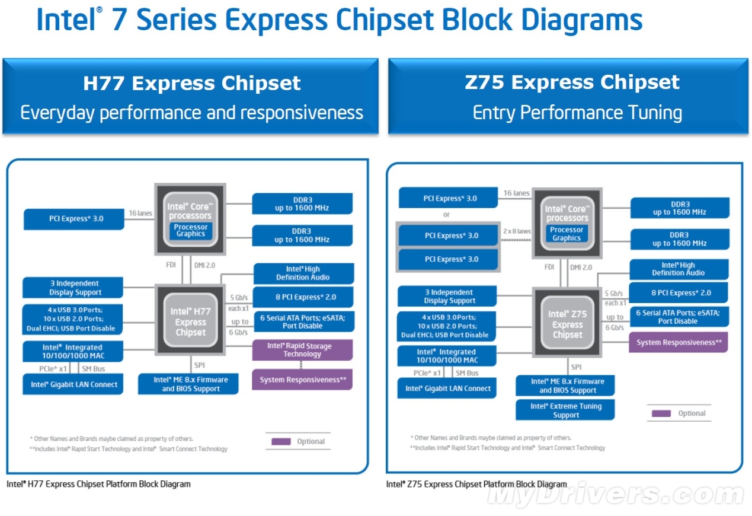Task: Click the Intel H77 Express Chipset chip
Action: (x=190, y=320)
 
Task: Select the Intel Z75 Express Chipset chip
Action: (x=567, y=323)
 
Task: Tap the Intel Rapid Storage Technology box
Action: (x=302, y=350)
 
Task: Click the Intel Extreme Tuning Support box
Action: (x=565, y=410)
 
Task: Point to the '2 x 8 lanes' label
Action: (x=517, y=231)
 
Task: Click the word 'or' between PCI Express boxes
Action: (x=446, y=214)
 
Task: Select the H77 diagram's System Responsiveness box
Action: (x=302, y=380)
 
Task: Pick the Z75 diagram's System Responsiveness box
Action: (x=679, y=342)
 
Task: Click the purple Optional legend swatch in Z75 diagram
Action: (x=661, y=413)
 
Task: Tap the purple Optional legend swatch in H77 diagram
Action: (x=281, y=441)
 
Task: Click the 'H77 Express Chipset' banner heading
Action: (x=191, y=83)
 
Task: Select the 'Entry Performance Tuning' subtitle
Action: (x=577, y=113)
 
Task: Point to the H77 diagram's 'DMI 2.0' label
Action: (x=204, y=265)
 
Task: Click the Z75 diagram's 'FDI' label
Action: (x=549, y=267)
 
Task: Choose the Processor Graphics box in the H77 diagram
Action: (x=191, y=231)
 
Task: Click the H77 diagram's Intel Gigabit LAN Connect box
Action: (x=73, y=384)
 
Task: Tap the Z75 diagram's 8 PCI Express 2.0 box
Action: (x=679, y=292)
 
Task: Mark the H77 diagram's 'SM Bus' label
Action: (x=93, y=369)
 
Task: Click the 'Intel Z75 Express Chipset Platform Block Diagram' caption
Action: (x=476, y=484)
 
